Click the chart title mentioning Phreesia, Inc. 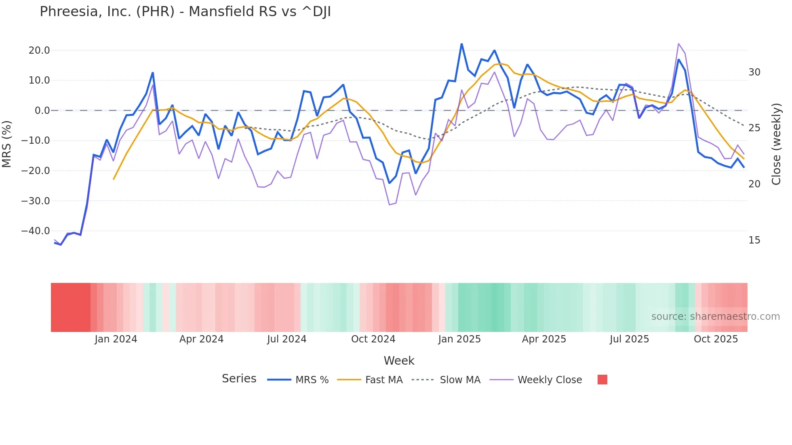[x=185, y=12]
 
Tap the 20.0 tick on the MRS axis [x=39, y=50]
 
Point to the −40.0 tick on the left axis [x=36, y=231]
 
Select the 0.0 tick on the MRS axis [x=42, y=111]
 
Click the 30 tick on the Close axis [x=754, y=72]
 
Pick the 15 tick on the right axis [x=754, y=240]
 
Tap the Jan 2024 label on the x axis [x=116, y=339]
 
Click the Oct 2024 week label [x=373, y=339]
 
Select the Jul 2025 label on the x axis [x=629, y=339]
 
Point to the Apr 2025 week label [x=544, y=339]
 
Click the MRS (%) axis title [x=7, y=144]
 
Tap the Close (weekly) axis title [x=776, y=144]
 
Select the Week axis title [x=399, y=361]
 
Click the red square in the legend [x=602, y=380]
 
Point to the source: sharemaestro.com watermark [x=715, y=317]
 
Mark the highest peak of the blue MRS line [x=461, y=44]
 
